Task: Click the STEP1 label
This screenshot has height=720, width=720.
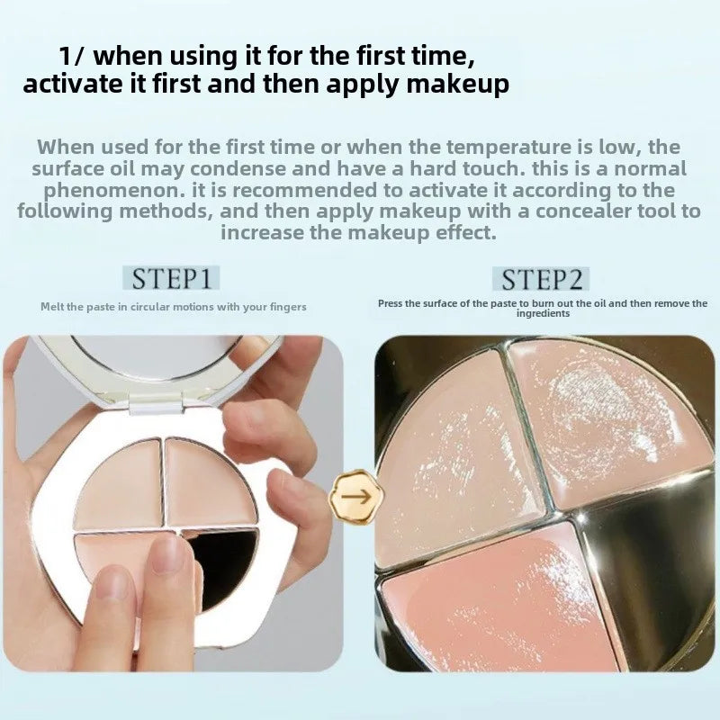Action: (171, 278)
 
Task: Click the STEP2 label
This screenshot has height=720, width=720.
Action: (541, 279)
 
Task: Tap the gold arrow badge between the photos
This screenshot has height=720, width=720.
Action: (356, 497)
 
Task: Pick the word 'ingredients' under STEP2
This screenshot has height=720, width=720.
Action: (543, 313)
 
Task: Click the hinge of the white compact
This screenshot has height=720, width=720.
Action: (157, 402)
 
